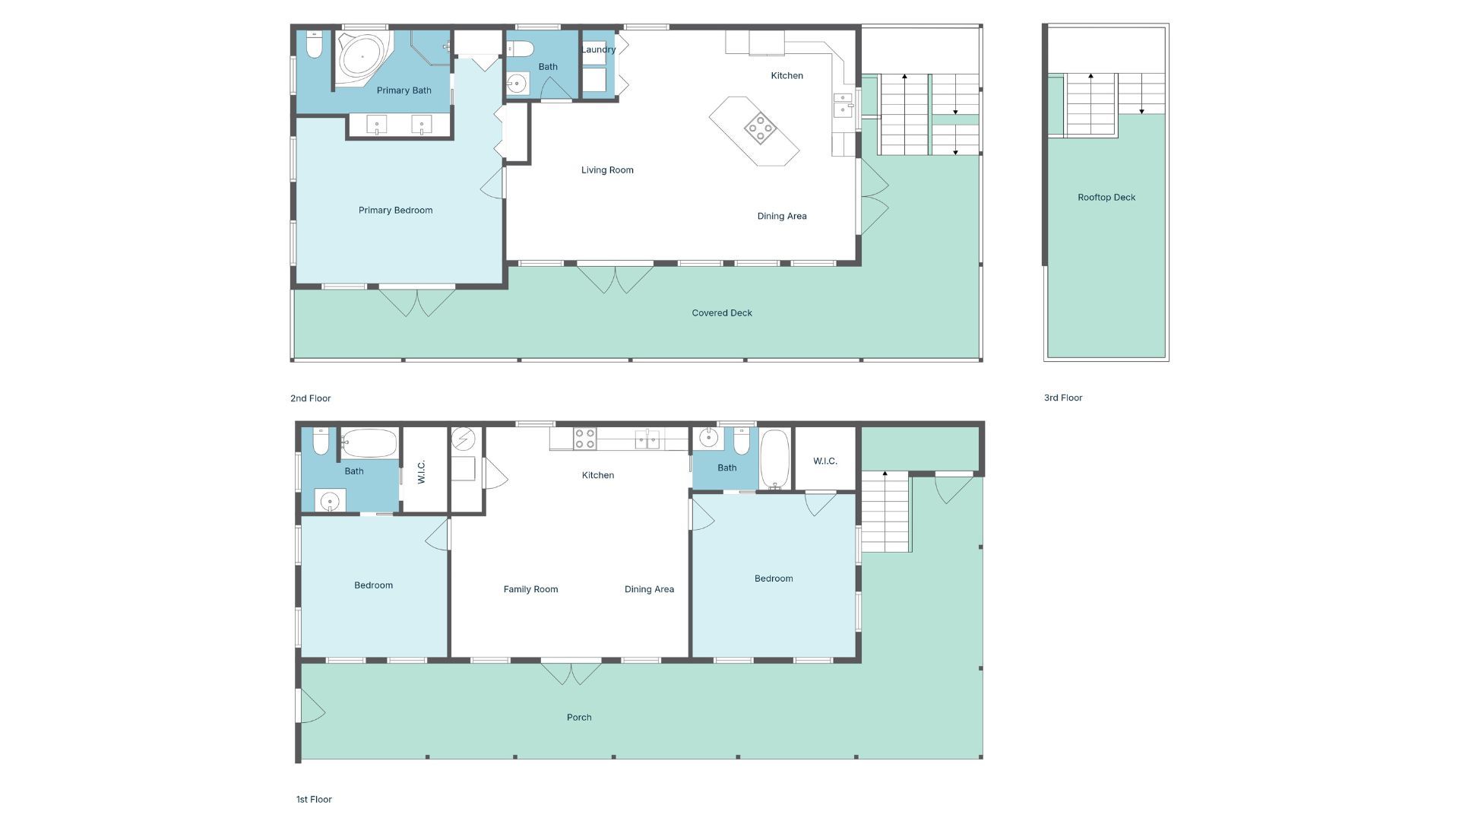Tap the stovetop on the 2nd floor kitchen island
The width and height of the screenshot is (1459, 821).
pyautogui.click(x=760, y=128)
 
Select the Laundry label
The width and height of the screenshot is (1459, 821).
pyautogui.click(x=598, y=49)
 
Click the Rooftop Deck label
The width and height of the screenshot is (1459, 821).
pyautogui.click(x=1106, y=197)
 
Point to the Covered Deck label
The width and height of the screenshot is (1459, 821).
pyautogui.click(x=722, y=312)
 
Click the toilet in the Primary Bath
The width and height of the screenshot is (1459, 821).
pyautogui.click(x=314, y=45)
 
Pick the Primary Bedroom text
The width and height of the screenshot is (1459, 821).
pyautogui.click(x=395, y=211)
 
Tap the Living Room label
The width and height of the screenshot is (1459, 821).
pyautogui.click(x=607, y=170)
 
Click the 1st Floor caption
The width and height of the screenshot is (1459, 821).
pyautogui.click(x=314, y=799)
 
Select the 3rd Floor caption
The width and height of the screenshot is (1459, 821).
pyautogui.click(x=1063, y=398)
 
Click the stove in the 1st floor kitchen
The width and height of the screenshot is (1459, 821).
pyautogui.click(x=584, y=439)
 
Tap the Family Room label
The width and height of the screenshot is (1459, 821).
pyautogui.click(x=530, y=589)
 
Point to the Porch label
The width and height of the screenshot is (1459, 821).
pyautogui.click(x=579, y=717)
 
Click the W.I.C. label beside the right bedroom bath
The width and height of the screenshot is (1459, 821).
pyautogui.click(x=825, y=461)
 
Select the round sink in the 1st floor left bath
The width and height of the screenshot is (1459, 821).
pyautogui.click(x=330, y=501)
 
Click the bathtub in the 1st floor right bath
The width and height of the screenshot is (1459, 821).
pyautogui.click(x=775, y=458)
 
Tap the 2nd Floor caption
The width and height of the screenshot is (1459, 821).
pyautogui.click(x=310, y=398)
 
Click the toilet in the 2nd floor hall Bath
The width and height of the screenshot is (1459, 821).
pyautogui.click(x=520, y=49)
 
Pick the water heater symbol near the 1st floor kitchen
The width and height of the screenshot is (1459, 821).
pyautogui.click(x=463, y=439)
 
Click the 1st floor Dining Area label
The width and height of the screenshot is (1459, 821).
pyautogui.click(x=649, y=589)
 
